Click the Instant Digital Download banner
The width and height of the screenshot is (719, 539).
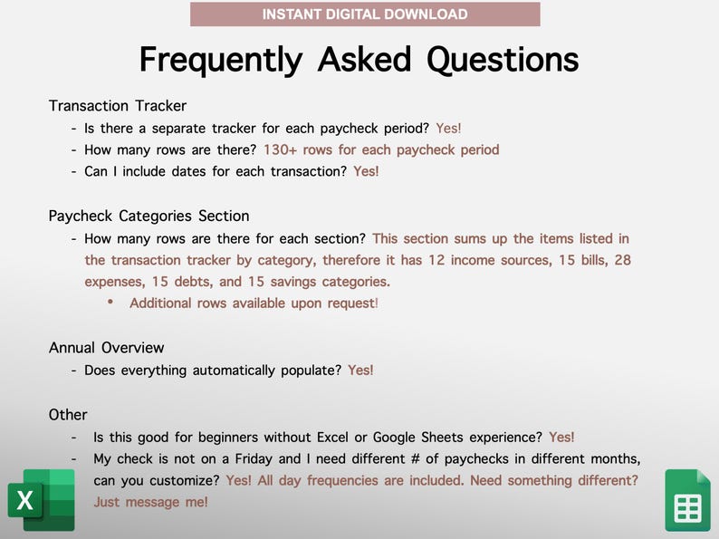[365, 14]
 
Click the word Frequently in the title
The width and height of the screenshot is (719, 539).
[221, 60]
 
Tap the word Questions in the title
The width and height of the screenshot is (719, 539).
[503, 60]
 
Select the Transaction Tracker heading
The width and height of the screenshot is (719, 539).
[118, 106]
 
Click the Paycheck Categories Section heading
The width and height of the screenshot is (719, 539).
[149, 217]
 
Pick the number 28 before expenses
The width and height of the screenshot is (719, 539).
[623, 260]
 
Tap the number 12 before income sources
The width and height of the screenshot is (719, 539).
[436, 260]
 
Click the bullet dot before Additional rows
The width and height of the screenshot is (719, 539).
[110, 302]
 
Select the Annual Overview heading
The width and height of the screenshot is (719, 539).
[106, 348]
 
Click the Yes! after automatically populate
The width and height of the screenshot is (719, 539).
[360, 371]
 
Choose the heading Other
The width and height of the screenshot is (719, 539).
[68, 415]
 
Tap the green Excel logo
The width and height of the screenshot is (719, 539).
[42, 500]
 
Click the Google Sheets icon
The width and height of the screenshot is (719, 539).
[688, 500]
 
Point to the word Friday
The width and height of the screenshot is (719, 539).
[254, 458]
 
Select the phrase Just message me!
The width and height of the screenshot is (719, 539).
[151, 502]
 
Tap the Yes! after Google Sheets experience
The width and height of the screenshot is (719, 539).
[561, 438]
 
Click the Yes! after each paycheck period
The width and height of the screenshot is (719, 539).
[448, 129]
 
